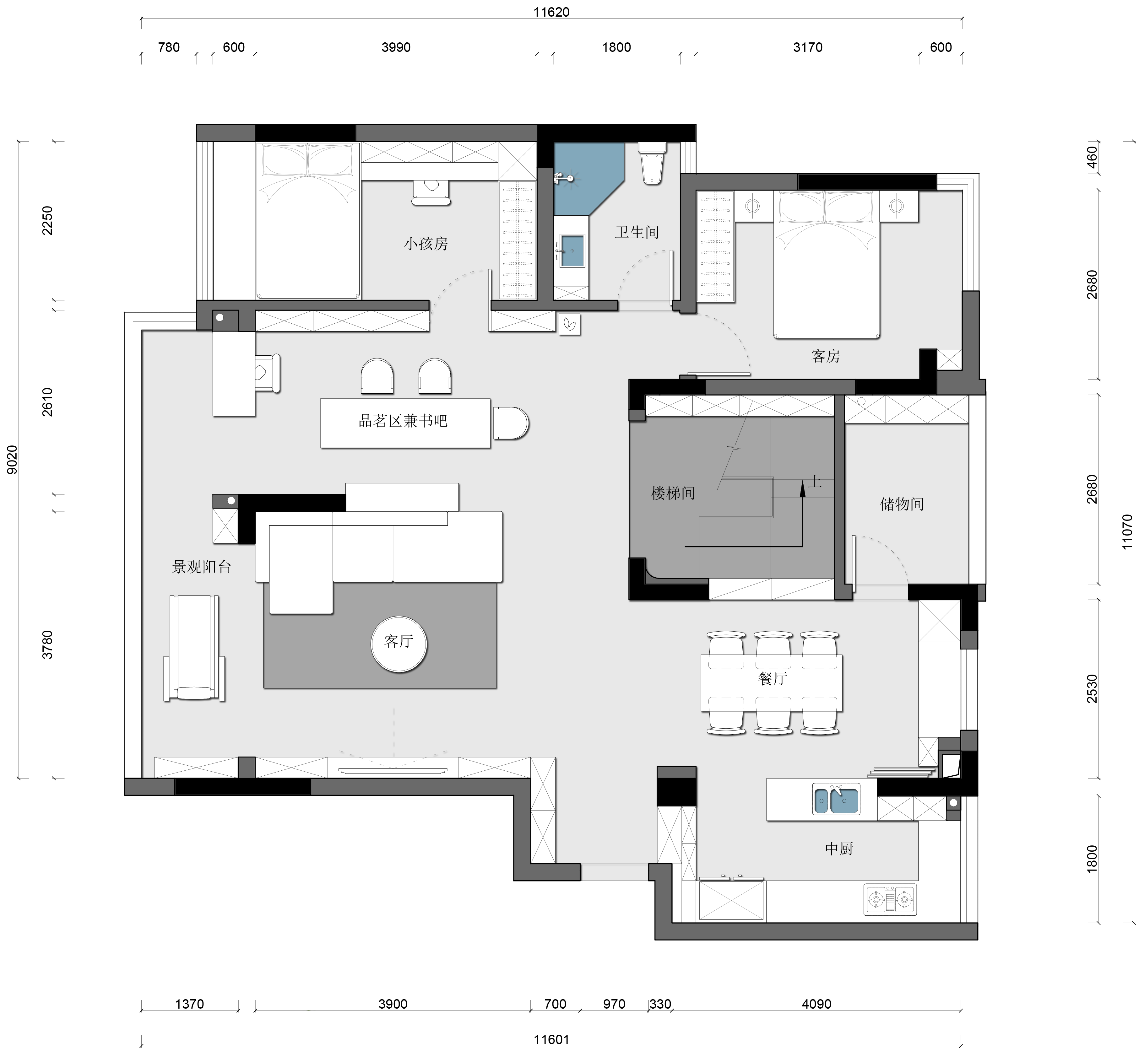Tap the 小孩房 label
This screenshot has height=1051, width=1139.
[x=426, y=244]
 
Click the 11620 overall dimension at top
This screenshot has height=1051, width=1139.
[x=551, y=12]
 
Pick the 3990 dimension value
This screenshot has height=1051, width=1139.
[x=396, y=47]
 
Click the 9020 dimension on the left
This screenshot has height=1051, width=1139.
[x=12, y=460]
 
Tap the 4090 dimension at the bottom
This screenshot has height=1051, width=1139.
[x=816, y=1004]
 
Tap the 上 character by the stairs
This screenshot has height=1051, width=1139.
[x=815, y=482]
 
